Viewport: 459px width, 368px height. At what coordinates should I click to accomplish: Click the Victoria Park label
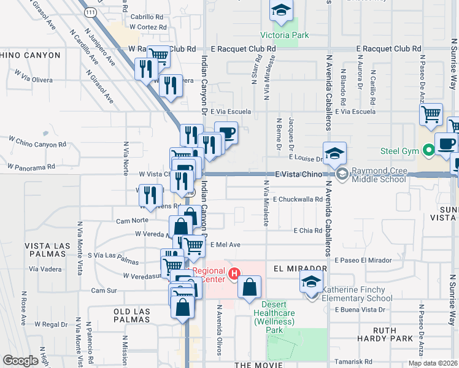(284, 35)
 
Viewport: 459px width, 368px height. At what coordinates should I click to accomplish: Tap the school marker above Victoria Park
(281, 10)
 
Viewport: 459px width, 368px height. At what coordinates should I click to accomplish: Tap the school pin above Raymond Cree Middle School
(334, 153)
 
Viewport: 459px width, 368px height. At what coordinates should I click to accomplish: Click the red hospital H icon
(233, 274)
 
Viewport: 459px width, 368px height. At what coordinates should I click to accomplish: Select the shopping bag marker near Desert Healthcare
(249, 288)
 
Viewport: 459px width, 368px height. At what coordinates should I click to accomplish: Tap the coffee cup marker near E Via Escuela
(226, 133)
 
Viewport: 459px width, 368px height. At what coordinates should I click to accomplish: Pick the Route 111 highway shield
(90, 12)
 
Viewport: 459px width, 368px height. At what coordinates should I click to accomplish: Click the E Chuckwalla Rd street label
(298, 199)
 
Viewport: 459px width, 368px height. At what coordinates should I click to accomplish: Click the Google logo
(21, 360)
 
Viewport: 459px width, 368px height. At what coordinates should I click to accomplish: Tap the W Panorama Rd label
(31, 166)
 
